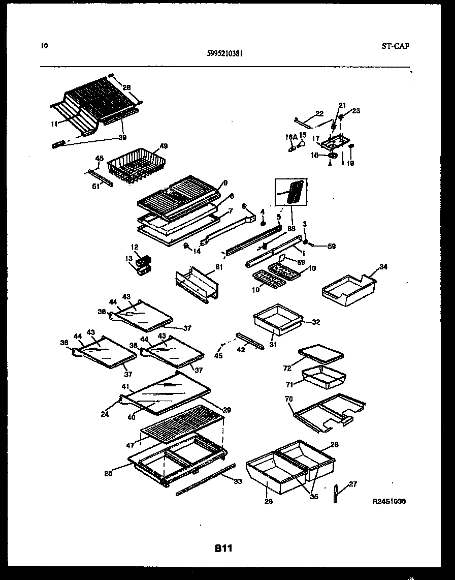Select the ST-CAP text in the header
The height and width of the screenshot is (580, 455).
tap(395, 46)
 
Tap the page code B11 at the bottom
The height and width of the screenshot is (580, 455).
tap(223, 548)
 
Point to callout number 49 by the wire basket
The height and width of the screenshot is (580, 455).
tap(163, 146)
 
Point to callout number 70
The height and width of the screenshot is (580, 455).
tap(289, 400)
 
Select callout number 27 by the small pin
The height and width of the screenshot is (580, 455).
tap(353, 484)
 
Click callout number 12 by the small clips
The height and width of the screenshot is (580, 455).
tap(134, 247)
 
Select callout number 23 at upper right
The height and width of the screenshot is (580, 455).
tap(355, 110)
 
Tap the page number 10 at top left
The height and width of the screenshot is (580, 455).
tap(44, 46)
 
